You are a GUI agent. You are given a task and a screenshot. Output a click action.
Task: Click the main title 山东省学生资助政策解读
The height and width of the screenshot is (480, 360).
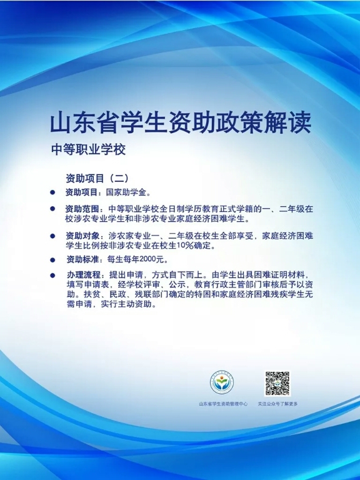pos(180,123)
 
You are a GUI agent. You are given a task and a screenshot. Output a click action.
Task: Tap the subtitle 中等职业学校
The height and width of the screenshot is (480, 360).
pos(89,150)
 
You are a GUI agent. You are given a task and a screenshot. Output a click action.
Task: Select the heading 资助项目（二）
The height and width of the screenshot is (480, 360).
pos(97,178)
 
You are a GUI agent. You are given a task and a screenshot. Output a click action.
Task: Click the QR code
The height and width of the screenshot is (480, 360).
pos(277,384)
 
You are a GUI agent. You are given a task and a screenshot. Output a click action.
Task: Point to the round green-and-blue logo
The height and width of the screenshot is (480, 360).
pos(222,382)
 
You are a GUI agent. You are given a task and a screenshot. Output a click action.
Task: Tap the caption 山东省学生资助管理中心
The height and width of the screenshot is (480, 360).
pos(223,404)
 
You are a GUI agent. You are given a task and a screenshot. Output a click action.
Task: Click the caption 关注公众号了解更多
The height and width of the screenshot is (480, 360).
pos(277,404)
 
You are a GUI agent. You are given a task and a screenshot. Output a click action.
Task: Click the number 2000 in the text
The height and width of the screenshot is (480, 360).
pos(147,259)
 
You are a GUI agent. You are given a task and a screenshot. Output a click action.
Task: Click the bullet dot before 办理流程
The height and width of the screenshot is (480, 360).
pos(52,275)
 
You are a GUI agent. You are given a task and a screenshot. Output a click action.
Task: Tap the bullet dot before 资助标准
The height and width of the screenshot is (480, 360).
pos(52,260)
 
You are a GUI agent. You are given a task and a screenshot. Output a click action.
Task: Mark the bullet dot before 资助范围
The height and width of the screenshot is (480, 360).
pos(52,209)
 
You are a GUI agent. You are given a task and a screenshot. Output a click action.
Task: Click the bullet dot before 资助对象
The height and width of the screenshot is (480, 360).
pos(52,236)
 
